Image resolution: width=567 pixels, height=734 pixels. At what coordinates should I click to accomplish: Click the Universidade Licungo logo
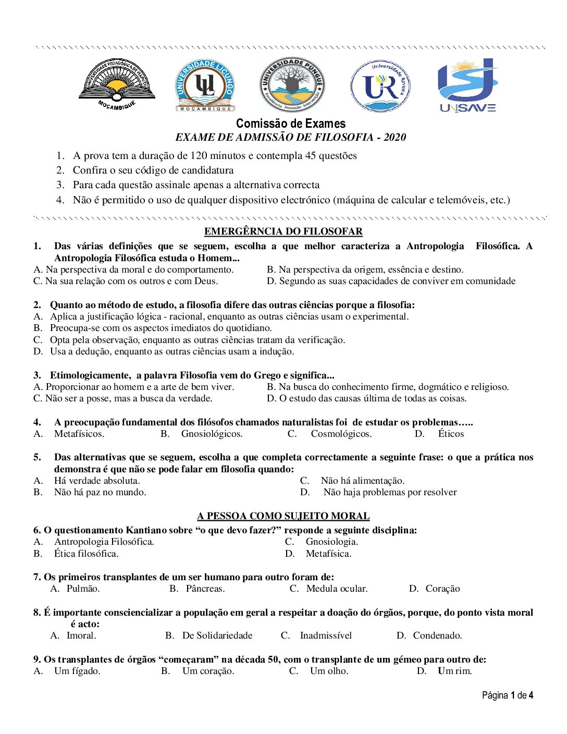pyautogui.click(x=205, y=85)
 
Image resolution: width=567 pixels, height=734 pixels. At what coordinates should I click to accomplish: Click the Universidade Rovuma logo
pyautogui.click(x=380, y=86)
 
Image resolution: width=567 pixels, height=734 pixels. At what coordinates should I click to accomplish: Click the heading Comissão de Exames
pyautogui.click(x=290, y=124)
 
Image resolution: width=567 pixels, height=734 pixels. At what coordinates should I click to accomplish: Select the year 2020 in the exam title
pyautogui.click(x=395, y=137)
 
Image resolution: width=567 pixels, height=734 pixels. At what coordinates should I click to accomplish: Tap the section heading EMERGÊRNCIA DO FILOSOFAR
pyautogui.click(x=283, y=231)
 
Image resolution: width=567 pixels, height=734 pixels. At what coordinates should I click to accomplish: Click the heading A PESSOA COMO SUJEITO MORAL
pyautogui.click(x=283, y=516)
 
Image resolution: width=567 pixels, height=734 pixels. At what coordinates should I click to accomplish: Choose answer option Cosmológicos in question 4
pyautogui.click(x=341, y=434)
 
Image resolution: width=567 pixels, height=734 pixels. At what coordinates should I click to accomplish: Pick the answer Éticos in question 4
pyautogui.click(x=451, y=434)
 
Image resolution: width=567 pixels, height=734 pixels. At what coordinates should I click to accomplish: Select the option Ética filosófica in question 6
pyautogui.click(x=86, y=554)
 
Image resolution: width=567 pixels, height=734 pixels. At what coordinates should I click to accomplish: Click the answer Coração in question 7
pyautogui.click(x=442, y=589)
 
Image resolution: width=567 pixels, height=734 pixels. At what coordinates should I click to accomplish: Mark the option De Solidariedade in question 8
pyautogui.click(x=217, y=635)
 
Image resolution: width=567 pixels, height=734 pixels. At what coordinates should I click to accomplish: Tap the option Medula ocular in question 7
pyautogui.click(x=337, y=589)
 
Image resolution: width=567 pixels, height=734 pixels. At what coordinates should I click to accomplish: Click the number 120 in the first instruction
pyautogui.click(x=199, y=155)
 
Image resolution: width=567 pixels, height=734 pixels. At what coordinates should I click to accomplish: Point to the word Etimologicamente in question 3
pyautogui.click(x=90, y=375)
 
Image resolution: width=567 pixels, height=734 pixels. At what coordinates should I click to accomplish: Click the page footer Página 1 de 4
pyautogui.click(x=507, y=695)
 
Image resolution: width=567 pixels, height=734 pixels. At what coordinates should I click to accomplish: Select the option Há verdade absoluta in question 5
pyautogui.click(x=96, y=481)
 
